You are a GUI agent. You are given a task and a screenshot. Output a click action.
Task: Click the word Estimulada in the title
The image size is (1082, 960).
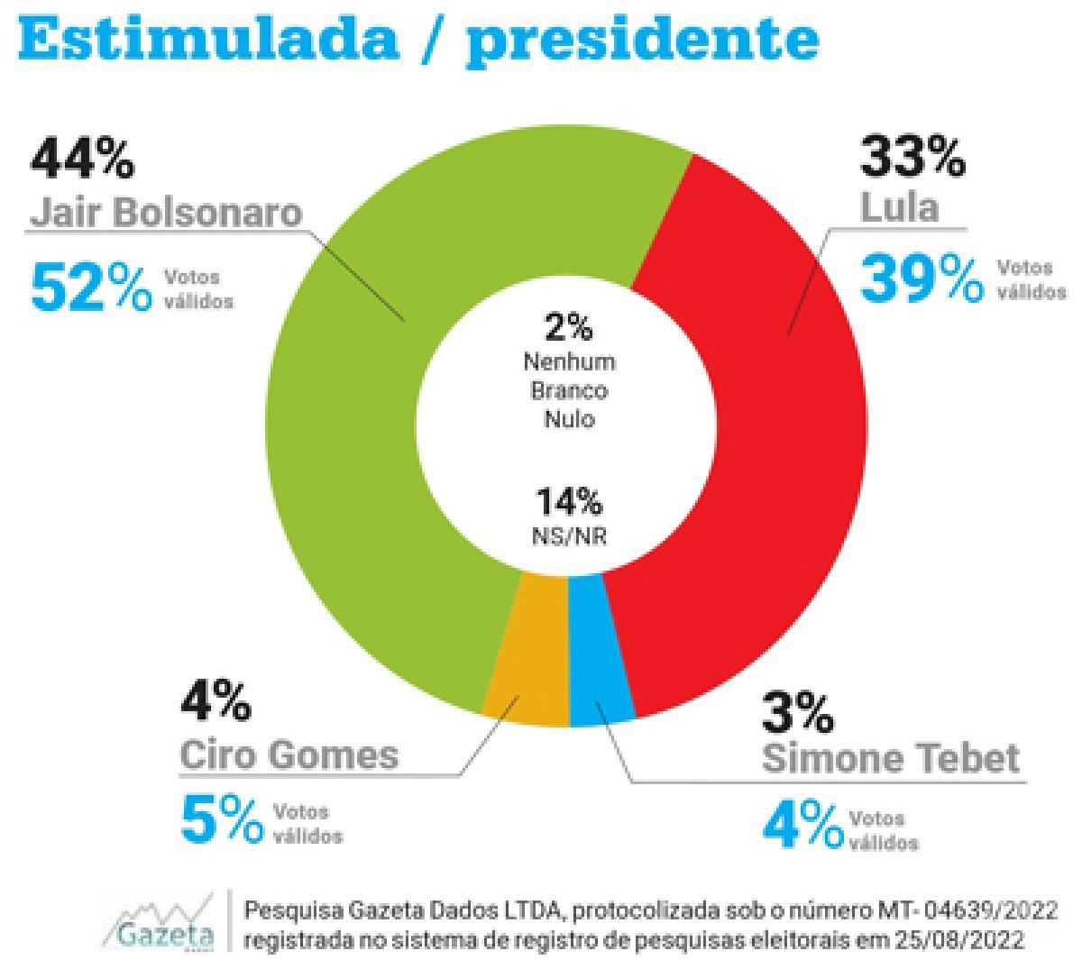208,39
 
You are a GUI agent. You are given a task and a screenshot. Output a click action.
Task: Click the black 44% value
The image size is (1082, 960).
82,159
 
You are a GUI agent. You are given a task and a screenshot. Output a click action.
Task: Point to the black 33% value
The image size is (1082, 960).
912,156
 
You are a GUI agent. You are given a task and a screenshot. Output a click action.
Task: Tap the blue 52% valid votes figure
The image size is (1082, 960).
91,288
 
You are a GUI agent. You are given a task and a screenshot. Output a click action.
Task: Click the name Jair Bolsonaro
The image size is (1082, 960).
166,213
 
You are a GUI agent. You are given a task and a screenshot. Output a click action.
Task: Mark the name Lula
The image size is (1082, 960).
899,207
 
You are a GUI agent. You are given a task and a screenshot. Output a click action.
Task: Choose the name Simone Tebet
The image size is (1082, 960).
891,758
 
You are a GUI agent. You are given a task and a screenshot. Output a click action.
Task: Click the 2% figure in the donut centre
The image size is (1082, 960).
568,327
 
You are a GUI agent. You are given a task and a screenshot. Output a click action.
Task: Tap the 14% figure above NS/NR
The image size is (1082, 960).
569,501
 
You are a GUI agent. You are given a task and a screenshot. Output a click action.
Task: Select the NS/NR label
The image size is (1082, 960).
569,535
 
